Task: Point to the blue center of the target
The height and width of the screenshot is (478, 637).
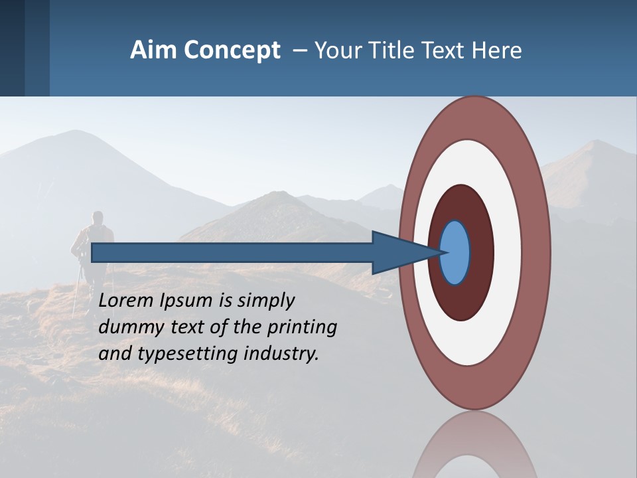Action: (455, 253)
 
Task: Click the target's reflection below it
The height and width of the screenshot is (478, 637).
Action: (474, 448)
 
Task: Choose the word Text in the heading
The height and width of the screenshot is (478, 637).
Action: (446, 50)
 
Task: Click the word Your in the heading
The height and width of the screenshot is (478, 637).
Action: (336, 50)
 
